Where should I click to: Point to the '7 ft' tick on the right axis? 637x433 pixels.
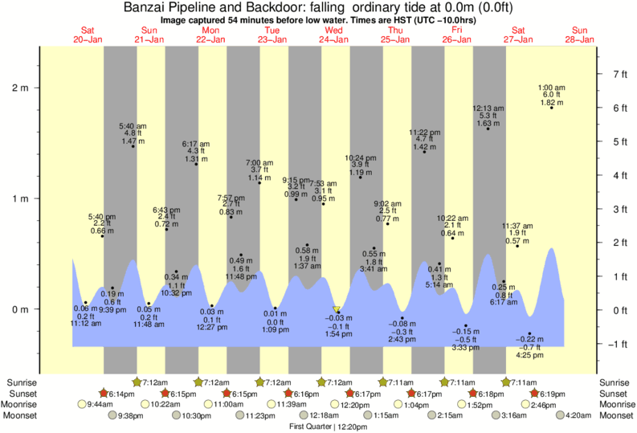point(620,74)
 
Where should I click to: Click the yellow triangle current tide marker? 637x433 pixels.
point(337,309)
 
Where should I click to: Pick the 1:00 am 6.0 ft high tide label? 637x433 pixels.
point(551,95)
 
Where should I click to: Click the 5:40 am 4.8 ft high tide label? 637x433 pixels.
point(133,133)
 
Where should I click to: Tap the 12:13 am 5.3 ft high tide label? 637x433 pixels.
point(488,116)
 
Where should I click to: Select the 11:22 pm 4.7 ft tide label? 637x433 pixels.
point(424,139)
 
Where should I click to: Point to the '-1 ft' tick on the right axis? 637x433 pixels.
point(620,345)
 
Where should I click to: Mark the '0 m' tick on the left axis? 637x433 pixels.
point(19,309)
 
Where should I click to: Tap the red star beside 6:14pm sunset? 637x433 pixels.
point(103,394)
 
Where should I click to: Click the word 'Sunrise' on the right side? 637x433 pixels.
point(614,382)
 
